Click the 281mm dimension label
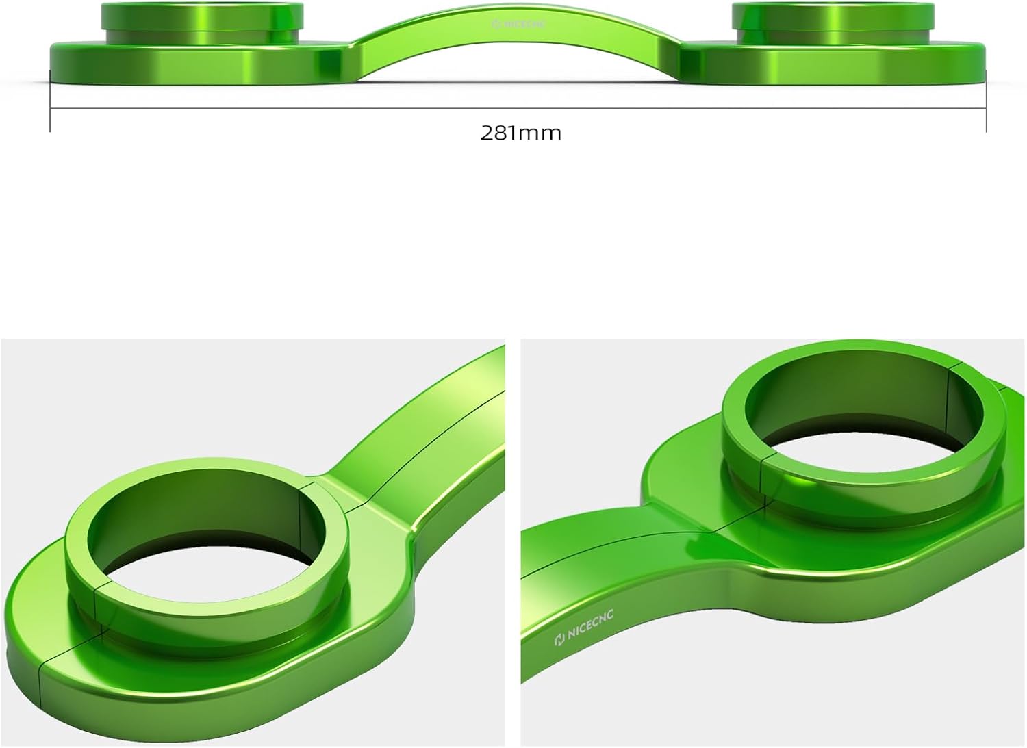[x=520, y=132]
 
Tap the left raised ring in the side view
[x=202, y=16]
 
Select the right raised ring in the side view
[x=833, y=16]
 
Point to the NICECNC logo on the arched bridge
[x=518, y=25]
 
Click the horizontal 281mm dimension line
[x=274, y=108]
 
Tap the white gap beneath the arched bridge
[x=518, y=68]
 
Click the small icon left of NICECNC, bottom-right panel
[x=559, y=641]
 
